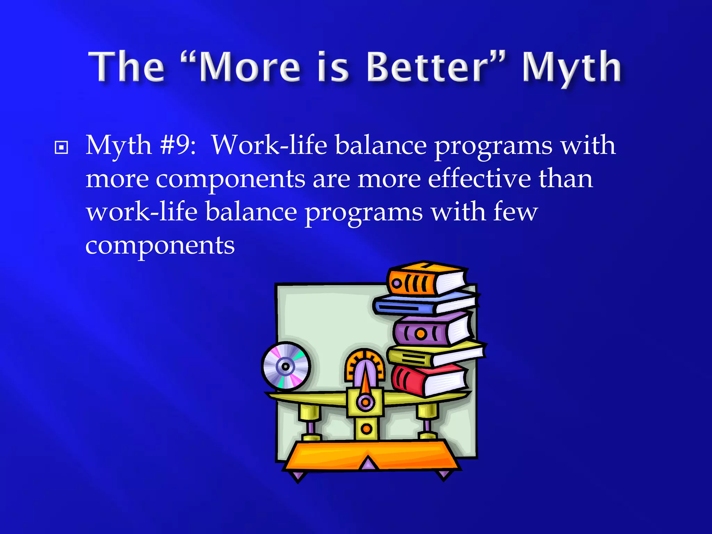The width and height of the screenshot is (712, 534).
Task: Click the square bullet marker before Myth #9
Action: tap(62, 147)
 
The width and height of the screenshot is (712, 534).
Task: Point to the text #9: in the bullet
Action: tap(178, 145)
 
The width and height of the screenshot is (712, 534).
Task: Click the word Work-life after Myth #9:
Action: tap(269, 145)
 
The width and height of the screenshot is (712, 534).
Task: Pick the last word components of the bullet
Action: tap(160, 246)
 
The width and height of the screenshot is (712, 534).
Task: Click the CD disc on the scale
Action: tap(286, 366)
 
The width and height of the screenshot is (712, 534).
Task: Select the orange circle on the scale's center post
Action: tap(366, 429)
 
